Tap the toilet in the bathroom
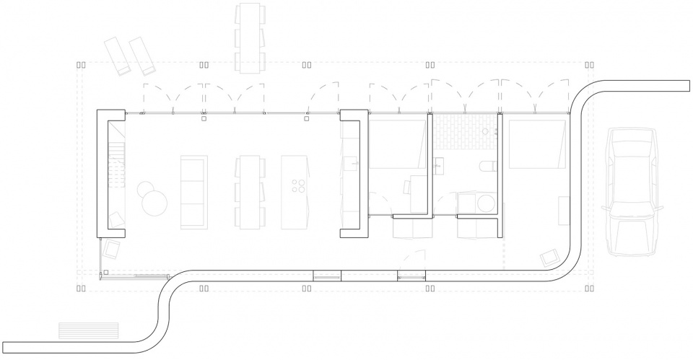pos(487,167)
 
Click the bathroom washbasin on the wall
pos(437,167)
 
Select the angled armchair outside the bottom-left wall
pos(113,249)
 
